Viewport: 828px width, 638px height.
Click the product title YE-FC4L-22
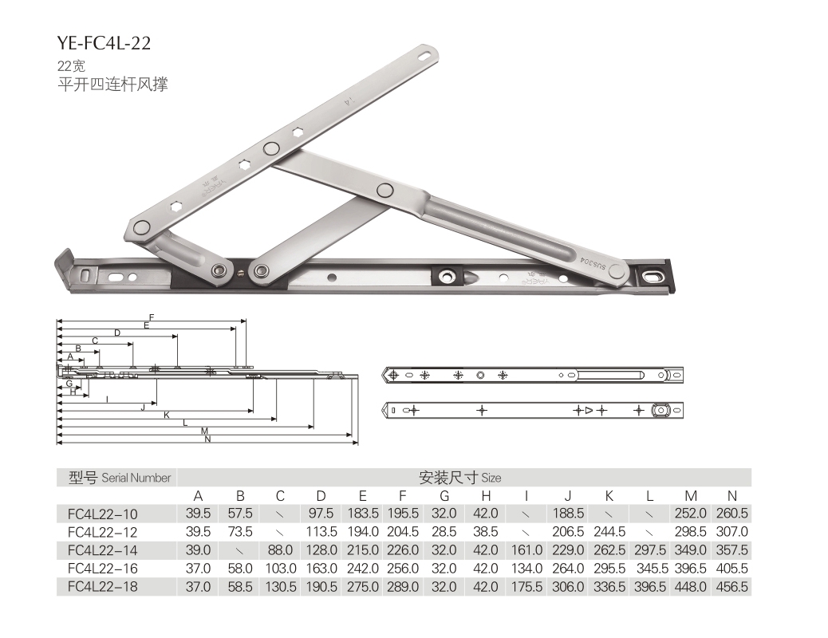[104, 43]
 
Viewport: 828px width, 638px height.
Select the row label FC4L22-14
[102, 550]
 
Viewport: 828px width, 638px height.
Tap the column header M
[691, 496]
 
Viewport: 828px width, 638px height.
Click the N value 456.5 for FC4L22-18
[732, 587]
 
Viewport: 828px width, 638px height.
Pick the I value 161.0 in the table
[526, 550]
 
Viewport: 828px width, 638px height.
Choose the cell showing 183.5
[363, 514]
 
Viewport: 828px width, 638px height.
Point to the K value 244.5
[609, 532]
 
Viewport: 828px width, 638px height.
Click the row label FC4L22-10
[102, 514]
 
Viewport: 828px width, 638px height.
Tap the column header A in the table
[198, 496]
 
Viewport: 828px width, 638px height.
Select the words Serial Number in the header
[136, 478]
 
